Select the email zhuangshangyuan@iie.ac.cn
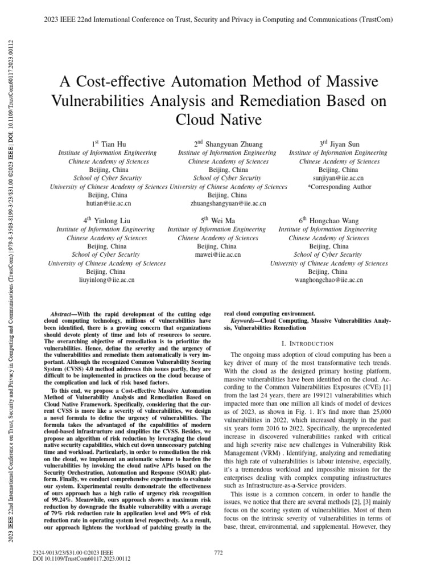pos(228,203)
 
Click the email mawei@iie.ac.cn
pos(218,254)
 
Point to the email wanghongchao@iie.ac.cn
pos(329,280)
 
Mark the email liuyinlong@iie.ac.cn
pos(107,280)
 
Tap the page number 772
pos(217,552)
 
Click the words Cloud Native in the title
pos(218,121)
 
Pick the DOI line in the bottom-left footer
pos(83,559)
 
